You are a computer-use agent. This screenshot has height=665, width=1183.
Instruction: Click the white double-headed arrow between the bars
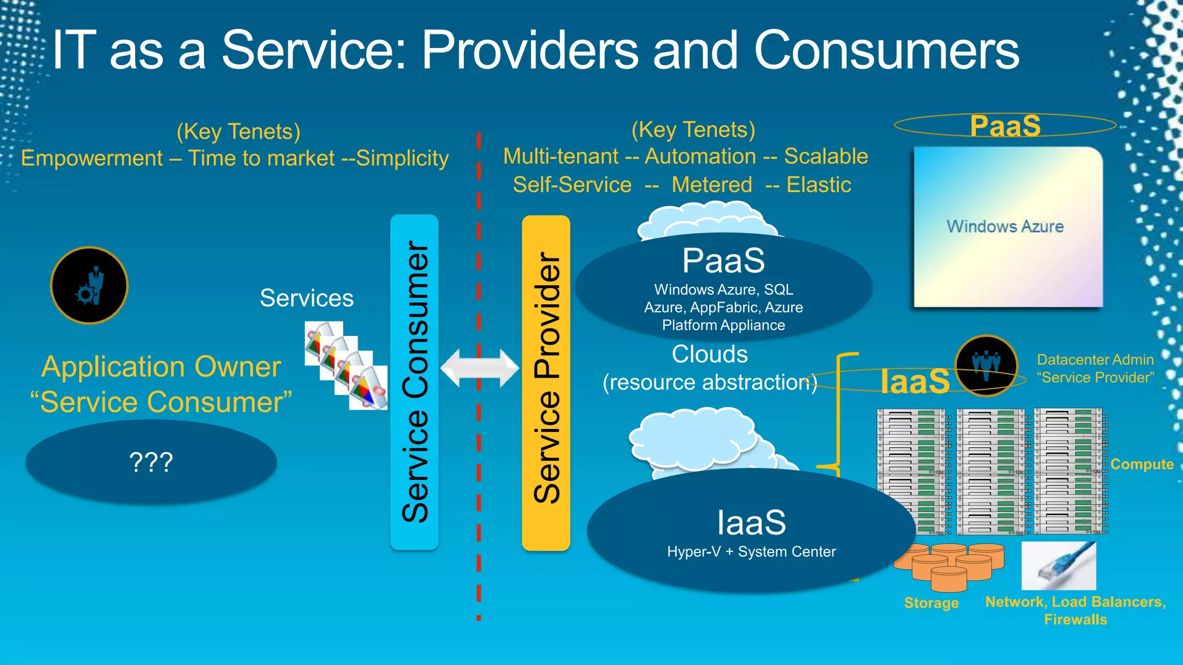(479, 368)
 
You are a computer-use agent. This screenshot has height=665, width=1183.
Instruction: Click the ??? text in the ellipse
(151, 462)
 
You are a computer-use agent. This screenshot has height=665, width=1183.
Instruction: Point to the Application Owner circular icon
(89, 285)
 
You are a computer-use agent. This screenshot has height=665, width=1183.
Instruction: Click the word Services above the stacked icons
(306, 298)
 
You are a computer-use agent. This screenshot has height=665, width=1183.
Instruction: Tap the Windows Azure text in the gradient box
(1005, 226)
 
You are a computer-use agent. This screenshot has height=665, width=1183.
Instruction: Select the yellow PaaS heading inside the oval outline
(1005, 126)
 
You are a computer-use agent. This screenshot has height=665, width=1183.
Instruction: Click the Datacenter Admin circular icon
(986, 366)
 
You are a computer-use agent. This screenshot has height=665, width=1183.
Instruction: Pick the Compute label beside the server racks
(1141, 464)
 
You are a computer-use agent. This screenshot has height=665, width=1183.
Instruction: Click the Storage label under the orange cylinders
(931, 603)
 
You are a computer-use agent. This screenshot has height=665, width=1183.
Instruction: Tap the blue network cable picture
(1058, 566)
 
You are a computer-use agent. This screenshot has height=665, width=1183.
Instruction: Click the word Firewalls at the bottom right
(1075, 620)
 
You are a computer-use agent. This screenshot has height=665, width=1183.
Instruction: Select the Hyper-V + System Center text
(751, 552)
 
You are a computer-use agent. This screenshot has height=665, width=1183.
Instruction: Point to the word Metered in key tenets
(712, 185)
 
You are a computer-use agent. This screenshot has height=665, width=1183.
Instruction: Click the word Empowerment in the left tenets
(92, 158)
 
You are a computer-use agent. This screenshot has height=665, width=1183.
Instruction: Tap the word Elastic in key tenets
(819, 185)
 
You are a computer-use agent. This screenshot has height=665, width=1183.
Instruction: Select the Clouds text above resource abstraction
(709, 354)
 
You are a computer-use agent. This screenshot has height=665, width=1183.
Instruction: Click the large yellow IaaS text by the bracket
(915, 381)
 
